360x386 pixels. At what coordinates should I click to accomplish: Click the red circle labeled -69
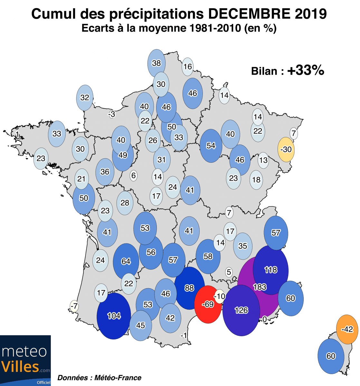click(208, 304)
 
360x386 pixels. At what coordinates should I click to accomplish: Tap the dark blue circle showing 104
click(114, 316)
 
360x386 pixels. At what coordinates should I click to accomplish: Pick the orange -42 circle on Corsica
click(347, 329)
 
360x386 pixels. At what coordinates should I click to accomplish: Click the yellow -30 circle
click(286, 150)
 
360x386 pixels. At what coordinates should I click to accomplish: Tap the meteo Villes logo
click(25, 360)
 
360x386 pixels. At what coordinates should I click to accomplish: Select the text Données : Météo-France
click(99, 378)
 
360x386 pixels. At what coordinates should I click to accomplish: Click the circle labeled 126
click(241, 310)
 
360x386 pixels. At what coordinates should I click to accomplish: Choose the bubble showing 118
click(270, 270)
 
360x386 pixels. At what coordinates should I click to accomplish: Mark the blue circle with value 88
click(189, 288)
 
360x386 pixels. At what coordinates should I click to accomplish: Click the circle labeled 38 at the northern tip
click(156, 63)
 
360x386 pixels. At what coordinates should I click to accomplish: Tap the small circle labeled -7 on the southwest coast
click(74, 306)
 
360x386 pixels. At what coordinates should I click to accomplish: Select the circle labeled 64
click(126, 261)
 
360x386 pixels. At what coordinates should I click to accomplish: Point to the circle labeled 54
click(211, 146)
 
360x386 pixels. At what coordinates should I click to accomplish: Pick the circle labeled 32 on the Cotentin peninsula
click(85, 97)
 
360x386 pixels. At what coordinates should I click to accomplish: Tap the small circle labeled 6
click(134, 176)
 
